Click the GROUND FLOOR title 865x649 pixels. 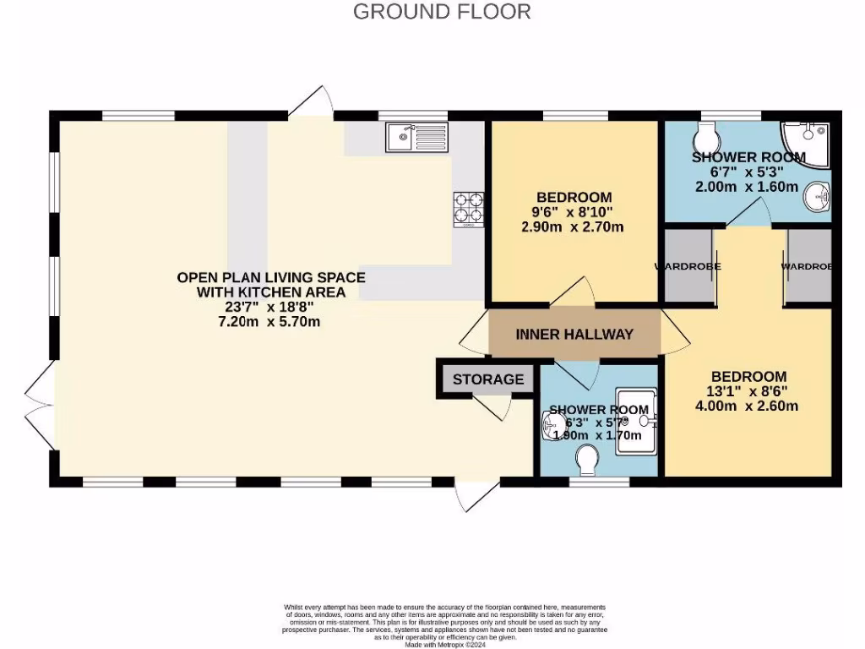tap(442, 12)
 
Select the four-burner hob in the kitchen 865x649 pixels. tap(470, 209)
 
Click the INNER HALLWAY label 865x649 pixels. tap(574, 334)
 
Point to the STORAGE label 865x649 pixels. tap(487, 379)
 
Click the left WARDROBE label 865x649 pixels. tap(688, 266)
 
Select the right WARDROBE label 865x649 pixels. tap(807, 266)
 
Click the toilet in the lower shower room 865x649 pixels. tap(587, 461)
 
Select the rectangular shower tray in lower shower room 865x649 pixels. tap(636, 421)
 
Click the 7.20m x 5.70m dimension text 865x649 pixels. tap(270, 322)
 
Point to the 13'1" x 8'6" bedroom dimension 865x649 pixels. tap(748, 391)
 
